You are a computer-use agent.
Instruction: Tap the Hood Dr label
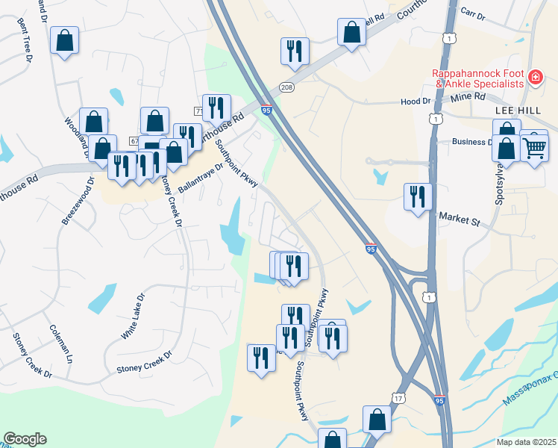point(416,102)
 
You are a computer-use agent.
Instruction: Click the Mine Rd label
point(468,97)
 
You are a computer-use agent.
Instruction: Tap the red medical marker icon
point(535,78)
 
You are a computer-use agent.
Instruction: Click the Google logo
point(25,439)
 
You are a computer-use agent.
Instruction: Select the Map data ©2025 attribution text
point(526,442)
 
